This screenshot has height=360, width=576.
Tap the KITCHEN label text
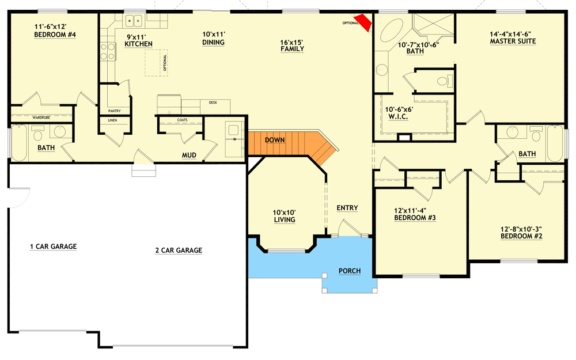[x=139, y=44]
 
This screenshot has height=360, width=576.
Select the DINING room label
[x=213, y=42]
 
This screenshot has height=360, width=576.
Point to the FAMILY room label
[x=292, y=48]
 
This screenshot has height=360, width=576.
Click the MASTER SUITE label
[x=513, y=41]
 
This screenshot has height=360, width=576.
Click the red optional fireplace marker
[x=364, y=21]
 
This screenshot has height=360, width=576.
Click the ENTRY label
[x=347, y=208]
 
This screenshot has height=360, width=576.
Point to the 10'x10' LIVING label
[x=285, y=219]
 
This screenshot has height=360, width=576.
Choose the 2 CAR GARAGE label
[x=179, y=250]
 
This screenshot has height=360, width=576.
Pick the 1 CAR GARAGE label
[x=54, y=247]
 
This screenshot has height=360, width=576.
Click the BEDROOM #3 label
[x=415, y=218]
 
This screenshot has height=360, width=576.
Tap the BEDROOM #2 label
[x=521, y=236]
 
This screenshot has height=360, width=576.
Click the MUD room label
[x=190, y=155]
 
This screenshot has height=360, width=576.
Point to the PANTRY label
[x=114, y=111]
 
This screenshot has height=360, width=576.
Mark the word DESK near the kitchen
[x=213, y=103]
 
